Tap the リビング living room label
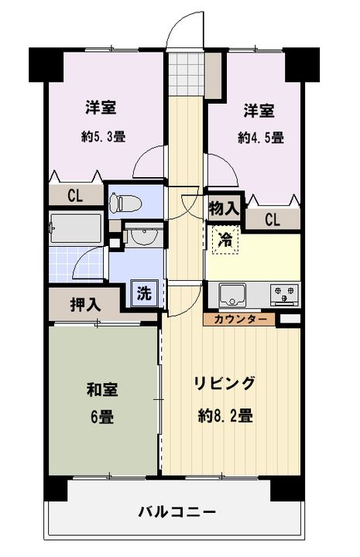coord(224,384)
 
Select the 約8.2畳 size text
coord(225,415)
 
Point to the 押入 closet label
coord(85,304)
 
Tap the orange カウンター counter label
coord(240,319)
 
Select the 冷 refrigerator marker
coord(225,240)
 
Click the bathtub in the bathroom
coord(75,229)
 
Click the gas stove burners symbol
coord(284,294)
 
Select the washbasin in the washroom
coord(141,237)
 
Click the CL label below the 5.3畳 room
coord(74,196)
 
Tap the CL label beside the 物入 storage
coord(272,220)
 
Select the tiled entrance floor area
coord(186,71)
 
